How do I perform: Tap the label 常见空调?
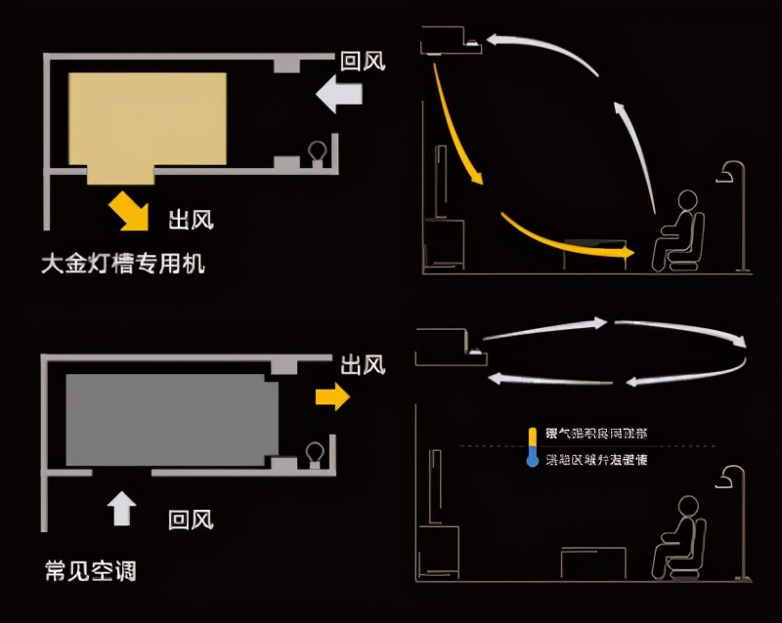[90, 568]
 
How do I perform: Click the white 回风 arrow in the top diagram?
[340, 95]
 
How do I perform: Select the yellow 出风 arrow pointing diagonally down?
[130, 208]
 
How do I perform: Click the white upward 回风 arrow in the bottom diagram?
[121, 508]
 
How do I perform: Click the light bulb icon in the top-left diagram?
[317, 151]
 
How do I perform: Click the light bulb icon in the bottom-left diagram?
[316, 452]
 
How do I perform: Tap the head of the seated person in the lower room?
[687, 507]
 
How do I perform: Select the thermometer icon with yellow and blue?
[532, 446]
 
